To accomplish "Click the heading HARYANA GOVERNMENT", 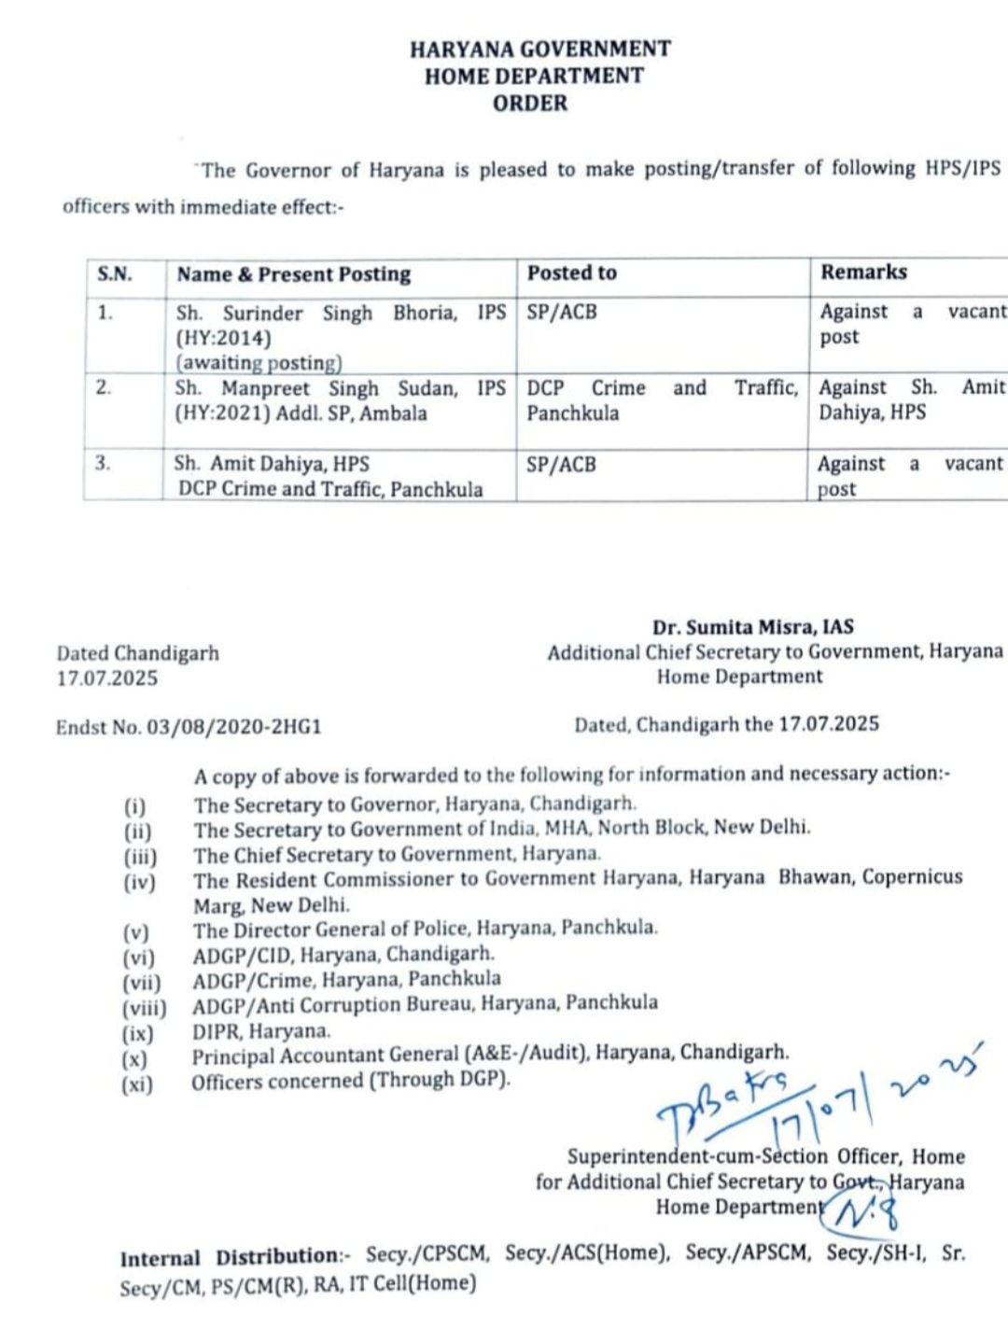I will [x=539, y=49].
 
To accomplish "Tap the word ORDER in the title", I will [x=530, y=104].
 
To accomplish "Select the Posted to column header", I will [x=571, y=273].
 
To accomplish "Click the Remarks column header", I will [x=863, y=272].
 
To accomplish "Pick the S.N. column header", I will [x=115, y=274].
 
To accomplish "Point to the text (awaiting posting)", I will [x=259, y=363].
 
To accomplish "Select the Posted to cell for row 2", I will [x=662, y=400].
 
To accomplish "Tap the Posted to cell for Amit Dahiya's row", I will [x=561, y=464].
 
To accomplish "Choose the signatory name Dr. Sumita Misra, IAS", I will [x=752, y=627].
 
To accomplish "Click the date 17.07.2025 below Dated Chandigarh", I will [x=107, y=678].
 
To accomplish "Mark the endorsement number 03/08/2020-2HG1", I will [x=233, y=727].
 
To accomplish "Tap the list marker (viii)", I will [x=144, y=1008].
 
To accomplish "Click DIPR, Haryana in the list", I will [x=261, y=1031].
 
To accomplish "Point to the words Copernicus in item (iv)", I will [x=912, y=877].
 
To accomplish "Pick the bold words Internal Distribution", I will [x=230, y=1257].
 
